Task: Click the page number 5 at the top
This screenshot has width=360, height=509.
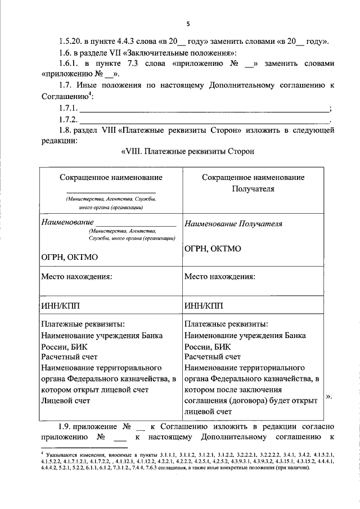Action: [x=189, y=24]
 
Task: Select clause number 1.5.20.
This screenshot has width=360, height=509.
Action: [x=72, y=42]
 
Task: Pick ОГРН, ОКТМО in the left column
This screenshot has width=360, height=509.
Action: [x=70, y=257]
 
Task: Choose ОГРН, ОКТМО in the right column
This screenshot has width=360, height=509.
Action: [x=213, y=247]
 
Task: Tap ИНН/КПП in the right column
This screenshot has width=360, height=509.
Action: [x=204, y=305]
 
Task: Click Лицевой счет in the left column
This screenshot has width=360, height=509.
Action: [x=66, y=400]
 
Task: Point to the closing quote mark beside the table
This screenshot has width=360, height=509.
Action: [x=328, y=396]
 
